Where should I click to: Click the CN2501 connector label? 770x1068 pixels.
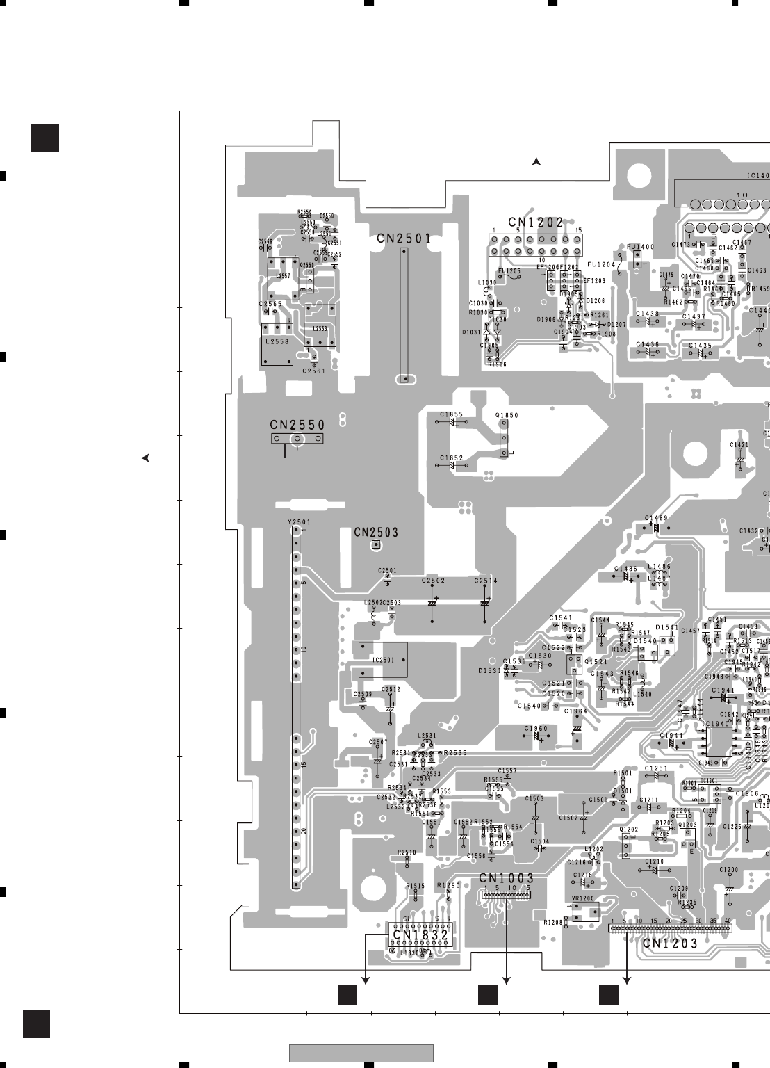(x=404, y=238)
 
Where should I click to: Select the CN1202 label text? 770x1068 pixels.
(x=535, y=222)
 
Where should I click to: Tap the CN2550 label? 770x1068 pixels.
(x=297, y=424)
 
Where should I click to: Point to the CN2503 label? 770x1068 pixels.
(x=376, y=533)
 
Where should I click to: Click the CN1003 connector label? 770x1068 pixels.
(x=507, y=878)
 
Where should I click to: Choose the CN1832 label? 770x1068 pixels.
(x=420, y=935)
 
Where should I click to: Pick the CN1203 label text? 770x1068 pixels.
(x=670, y=944)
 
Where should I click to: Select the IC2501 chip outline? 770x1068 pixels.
(x=382, y=660)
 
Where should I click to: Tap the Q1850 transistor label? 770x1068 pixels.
(x=507, y=415)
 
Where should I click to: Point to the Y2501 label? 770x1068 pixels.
(x=299, y=522)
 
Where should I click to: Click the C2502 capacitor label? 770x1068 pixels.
(x=433, y=581)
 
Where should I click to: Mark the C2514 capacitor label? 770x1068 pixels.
(x=486, y=581)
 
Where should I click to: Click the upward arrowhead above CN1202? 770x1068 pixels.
(x=536, y=162)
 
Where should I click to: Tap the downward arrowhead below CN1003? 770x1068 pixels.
(x=506, y=980)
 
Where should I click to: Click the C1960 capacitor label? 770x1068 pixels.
(x=536, y=728)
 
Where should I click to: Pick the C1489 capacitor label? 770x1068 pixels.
(x=656, y=518)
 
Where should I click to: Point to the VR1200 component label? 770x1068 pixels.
(x=582, y=898)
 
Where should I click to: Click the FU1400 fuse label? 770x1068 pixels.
(x=640, y=247)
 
